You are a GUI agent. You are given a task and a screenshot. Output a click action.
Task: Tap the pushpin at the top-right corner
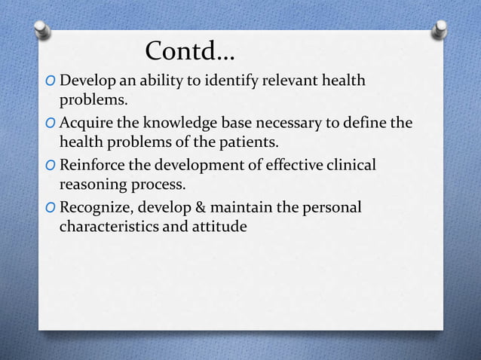(439, 31)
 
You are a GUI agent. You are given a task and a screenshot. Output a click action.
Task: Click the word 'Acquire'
(85, 123)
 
